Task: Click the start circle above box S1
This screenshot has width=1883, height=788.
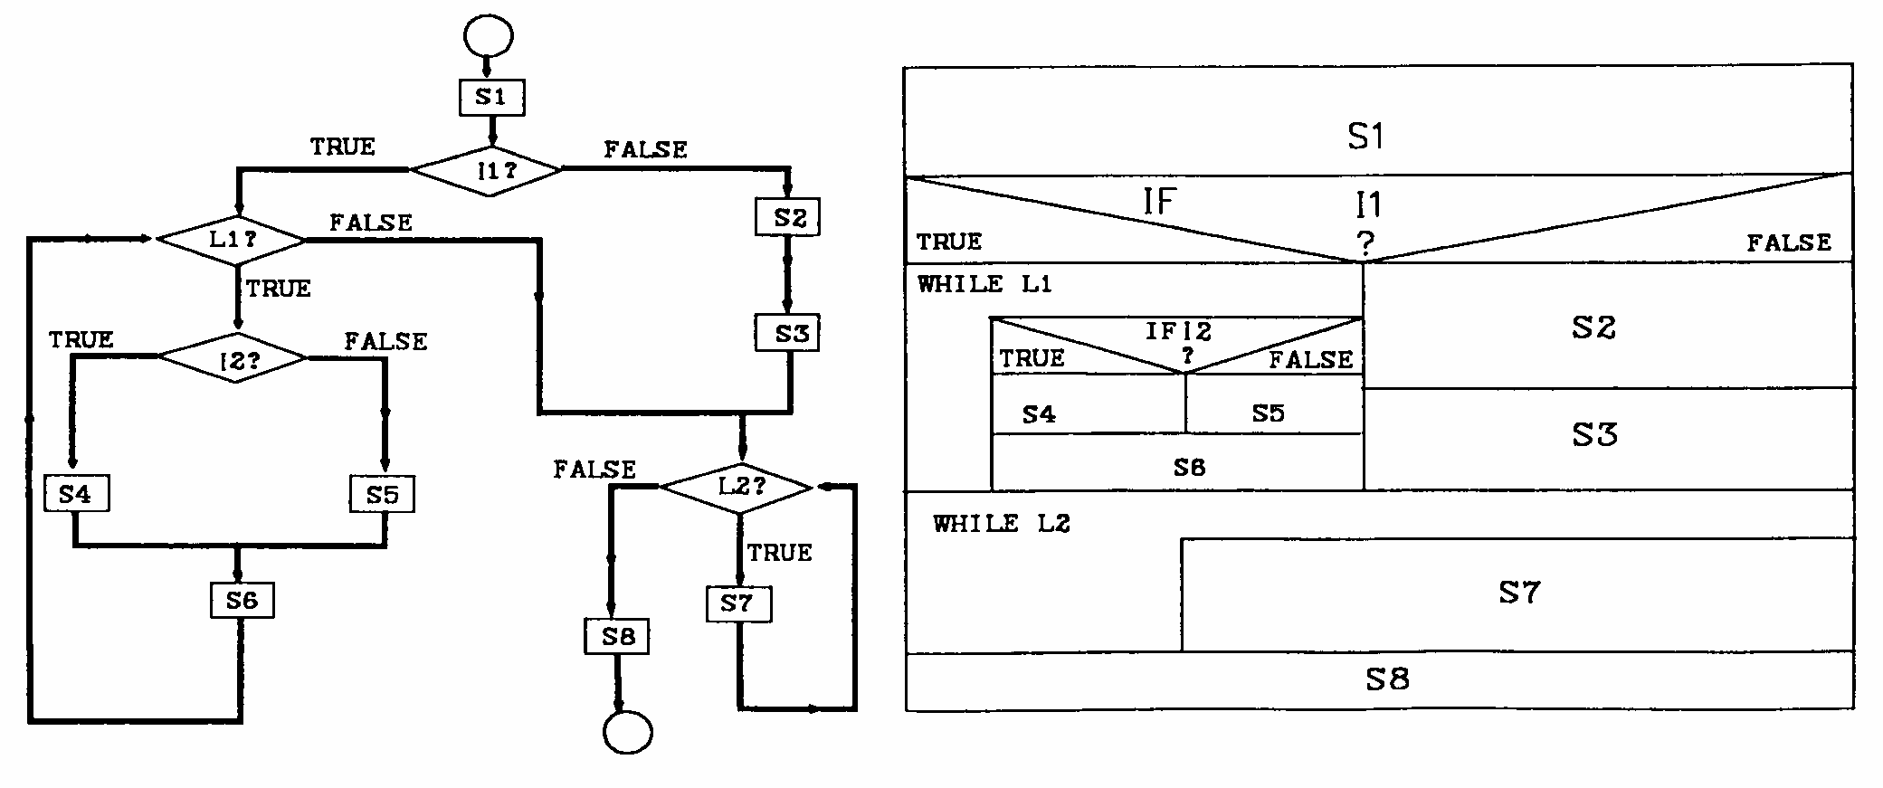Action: tap(488, 36)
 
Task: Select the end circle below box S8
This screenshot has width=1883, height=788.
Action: tap(627, 732)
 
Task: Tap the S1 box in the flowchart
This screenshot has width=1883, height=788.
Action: tap(490, 98)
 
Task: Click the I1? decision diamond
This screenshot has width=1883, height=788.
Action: tap(487, 169)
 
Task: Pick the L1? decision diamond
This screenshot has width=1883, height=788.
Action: tap(232, 241)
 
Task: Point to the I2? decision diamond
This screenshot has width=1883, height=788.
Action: tap(233, 358)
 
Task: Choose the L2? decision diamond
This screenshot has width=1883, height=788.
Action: tap(737, 488)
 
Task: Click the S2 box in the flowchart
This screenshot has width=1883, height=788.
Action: tap(788, 218)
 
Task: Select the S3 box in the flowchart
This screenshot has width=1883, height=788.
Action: tap(788, 334)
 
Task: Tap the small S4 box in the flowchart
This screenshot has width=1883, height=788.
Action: tap(77, 494)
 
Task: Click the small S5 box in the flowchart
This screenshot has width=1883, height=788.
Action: tap(383, 495)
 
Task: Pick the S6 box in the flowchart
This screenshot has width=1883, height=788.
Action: tap(243, 601)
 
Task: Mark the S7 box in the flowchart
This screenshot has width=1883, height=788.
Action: tap(739, 603)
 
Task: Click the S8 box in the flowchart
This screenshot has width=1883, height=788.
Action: tap(617, 636)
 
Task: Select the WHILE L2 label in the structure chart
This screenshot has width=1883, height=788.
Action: tap(1002, 524)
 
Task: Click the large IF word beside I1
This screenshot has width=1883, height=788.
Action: tap(1159, 201)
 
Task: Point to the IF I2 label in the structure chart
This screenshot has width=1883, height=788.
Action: tap(1178, 331)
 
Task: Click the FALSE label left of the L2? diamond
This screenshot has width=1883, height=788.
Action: tap(594, 470)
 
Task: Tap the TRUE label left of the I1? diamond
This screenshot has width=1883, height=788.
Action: tap(342, 147)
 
